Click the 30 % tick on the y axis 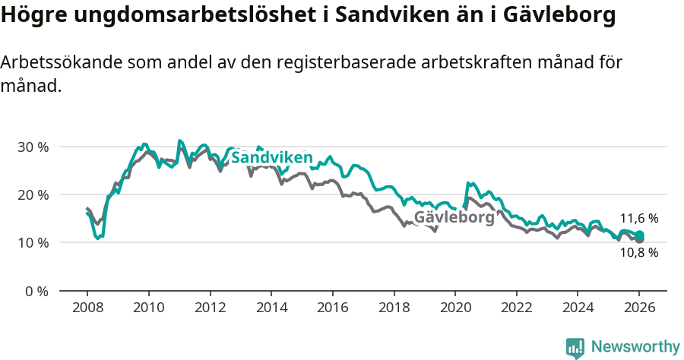[x=33, y=147]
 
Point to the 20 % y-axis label [x=33, y=194]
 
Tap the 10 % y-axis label [x=33, y=243]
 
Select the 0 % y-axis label [x=36, y=291]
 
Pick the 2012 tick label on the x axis [x=210, y=308]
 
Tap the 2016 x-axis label [x=332, y=308]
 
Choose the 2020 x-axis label [x=454, y=308]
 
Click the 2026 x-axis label [x=639, y=308]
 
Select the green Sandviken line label [x=271, y=158]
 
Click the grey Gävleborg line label [x=454, y=217]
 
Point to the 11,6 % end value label [x=638, y=219]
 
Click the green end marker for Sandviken [x=640, y=235]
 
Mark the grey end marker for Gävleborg [x=640, y=240]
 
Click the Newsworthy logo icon [x=575, y=347]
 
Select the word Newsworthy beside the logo [x=635, y=347]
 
